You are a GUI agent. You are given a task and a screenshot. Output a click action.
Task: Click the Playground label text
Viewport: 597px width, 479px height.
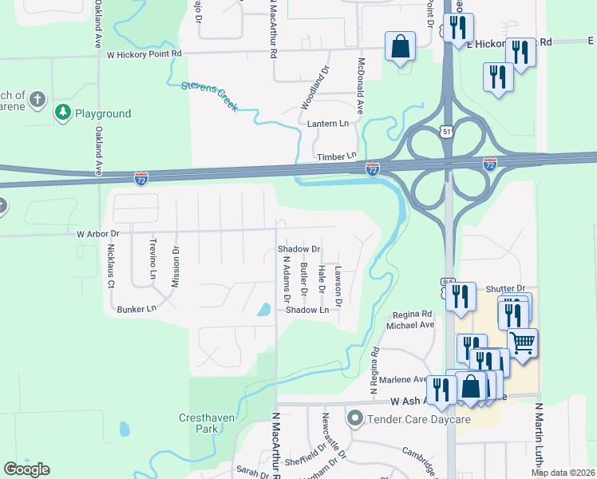click(x=103, y=114)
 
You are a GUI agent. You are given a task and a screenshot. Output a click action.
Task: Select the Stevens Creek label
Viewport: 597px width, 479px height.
click(x=209, y=95)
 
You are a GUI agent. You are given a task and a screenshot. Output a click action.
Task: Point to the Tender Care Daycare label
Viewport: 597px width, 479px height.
click(x=409, y=418)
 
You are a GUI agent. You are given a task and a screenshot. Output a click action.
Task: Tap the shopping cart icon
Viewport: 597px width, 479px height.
click(x=523, y=342)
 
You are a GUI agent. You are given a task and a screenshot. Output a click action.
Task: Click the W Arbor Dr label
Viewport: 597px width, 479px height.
click(x=97, y=234)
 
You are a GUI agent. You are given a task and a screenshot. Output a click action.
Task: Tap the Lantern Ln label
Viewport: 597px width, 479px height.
click(x=328, y=124)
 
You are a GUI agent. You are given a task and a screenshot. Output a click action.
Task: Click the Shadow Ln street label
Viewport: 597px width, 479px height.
click(x=307, y=310)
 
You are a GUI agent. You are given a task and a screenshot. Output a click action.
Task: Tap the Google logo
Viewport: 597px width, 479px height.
click(x=26, y=469)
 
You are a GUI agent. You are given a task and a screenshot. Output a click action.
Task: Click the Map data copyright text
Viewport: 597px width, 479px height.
click(x=563, y=473)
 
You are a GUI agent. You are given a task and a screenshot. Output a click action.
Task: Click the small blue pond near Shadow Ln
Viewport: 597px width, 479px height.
click(x=263, y=310)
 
